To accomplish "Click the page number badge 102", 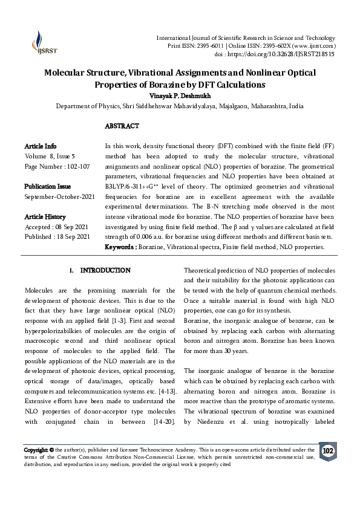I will [x=327, y=452].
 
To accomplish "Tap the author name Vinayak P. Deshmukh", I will [x=180, y=96].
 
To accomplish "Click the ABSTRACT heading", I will [x=122, y=126].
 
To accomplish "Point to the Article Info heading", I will [x=41, y=146].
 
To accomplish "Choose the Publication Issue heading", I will [x=47, y=186].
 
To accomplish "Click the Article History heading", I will [x=45, y=216].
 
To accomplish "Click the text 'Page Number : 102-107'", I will [x=57, y=166].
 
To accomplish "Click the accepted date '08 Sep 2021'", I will [x=72, y=226].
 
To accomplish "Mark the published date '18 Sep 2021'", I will [x=73, y=236].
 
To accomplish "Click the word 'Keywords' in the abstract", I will [x=120, y=247].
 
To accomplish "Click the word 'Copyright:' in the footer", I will [x=36, y=450].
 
